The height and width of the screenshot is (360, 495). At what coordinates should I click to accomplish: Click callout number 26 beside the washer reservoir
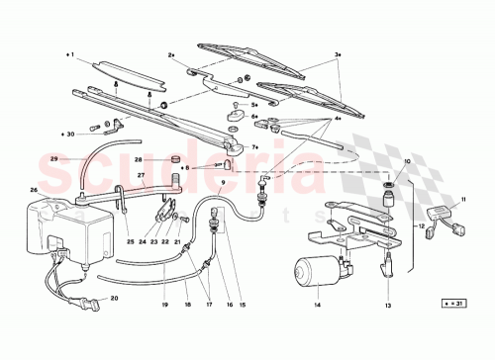(x=34, y=191)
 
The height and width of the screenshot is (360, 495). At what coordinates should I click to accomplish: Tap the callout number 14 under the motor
(x=317, y=304)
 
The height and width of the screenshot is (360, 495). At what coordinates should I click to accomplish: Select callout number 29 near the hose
(x=54, y=158)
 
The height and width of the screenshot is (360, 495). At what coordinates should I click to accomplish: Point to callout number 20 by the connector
(x=114, y=298)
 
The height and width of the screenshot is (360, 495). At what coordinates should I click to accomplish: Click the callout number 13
(x=389, y=304)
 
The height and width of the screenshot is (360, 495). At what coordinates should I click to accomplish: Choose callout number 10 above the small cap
(x=406, y=160)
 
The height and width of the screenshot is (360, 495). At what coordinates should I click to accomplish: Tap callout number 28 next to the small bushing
(x=140, y=158)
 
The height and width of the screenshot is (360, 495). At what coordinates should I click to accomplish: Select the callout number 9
(x=223, y=184)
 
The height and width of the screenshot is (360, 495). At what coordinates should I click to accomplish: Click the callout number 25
(x=130, y=241)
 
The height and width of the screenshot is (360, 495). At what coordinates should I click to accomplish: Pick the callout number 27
(x=141, y=176)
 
